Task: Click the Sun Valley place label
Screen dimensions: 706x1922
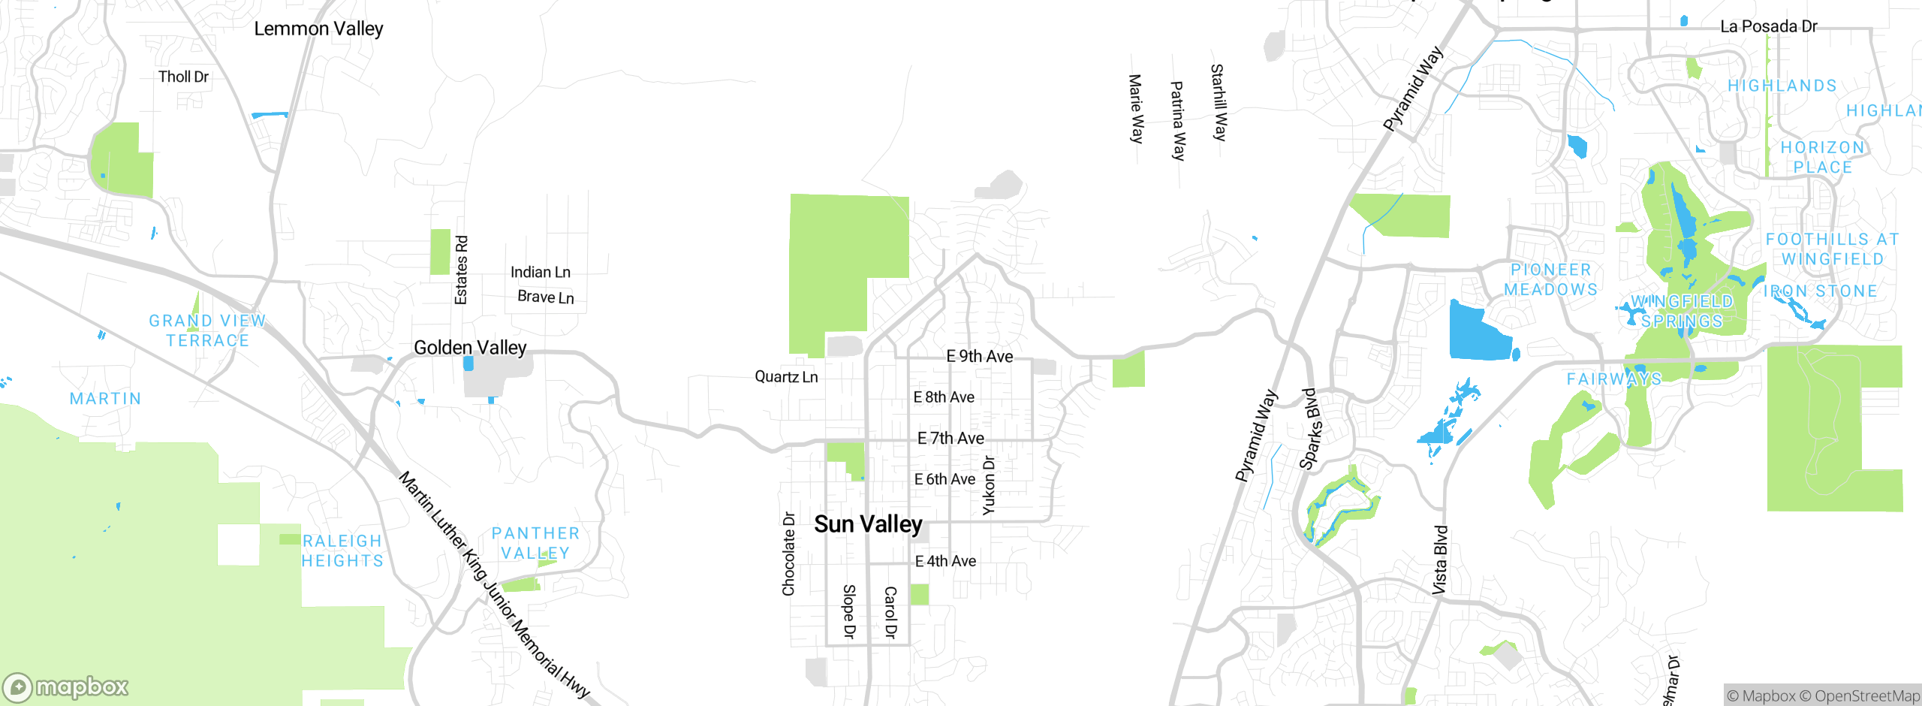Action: pos(868,524)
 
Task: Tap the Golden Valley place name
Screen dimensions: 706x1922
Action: pos(470,348)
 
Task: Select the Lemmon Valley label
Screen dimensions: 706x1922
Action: pos(318,29)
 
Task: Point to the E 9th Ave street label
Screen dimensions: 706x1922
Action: pos(979,356)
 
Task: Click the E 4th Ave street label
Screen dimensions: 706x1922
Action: pos(945,561)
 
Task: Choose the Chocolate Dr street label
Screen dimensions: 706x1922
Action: pos(788,554)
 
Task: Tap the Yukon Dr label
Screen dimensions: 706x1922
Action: pos(989,485)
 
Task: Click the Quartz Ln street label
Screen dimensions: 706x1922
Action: pos(786,376)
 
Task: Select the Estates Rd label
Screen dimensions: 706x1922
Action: pos(461,270)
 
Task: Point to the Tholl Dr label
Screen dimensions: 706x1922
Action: pos(183,77)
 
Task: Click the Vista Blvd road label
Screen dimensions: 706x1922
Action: pos(1439,560)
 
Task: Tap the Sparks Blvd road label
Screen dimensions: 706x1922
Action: pos(1311,429)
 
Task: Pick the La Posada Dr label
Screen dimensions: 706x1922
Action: pos(1768,26)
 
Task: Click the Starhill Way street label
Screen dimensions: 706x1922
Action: pos(1219,102)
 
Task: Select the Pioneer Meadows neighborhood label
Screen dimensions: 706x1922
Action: pos(1550,279)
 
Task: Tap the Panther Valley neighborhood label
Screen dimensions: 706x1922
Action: pos(535,543)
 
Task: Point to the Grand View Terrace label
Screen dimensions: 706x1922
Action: pos(207,330)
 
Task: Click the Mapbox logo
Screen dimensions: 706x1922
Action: pos(66,686)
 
